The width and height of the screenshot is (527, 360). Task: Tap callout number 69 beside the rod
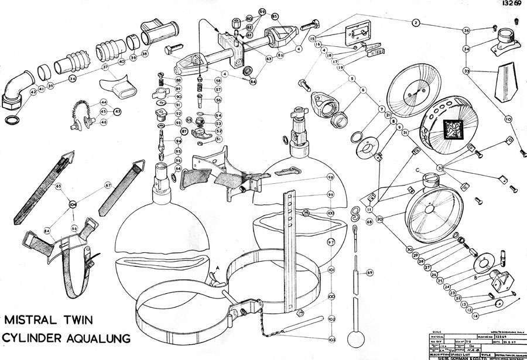click(x=369, y=273)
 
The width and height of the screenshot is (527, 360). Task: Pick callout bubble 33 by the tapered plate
click(x=467, y=70)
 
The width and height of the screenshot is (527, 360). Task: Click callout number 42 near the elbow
click(x=25, y=92)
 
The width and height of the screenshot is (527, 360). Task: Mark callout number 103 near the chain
click(x=331, y=340)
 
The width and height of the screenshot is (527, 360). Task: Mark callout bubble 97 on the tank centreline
click(x=331, y=242)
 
